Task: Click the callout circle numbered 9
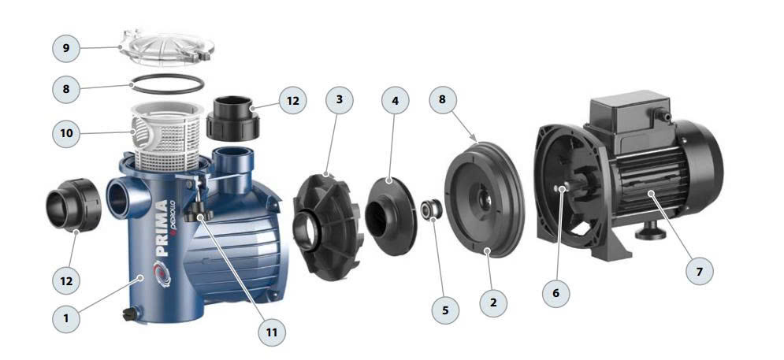click(x=66, y=49)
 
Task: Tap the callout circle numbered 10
click(x=66, y=133)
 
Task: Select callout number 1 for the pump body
click(x=66, y=317)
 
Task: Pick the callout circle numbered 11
click(x=272, y=332)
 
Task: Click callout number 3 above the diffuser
click(x=340, y=99)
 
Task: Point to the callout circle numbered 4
click(x=395, y=101)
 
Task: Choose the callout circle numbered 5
click(x=445, y=310)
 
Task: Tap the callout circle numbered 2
click(x=493, y=303)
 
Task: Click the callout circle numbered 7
click(x=699, y=272)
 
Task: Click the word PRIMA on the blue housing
click(x=162, y=228)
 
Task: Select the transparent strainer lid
click(x=166, y=48)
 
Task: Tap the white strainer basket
click(x=166, y=135)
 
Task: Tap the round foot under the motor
click(x=649, y=233)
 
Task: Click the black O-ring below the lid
click(x=166, y=84)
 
